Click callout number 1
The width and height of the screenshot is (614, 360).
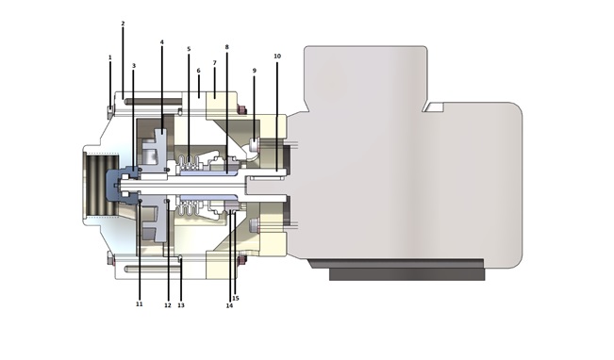point(110,57)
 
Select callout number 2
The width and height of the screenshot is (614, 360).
point(123,24)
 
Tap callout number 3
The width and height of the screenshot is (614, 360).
point(134,66)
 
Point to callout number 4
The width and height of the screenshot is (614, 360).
point(161,41)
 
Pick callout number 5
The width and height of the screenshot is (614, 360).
point(189,49)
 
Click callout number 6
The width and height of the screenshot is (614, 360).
point(198,71)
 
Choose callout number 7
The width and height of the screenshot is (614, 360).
point(215,62)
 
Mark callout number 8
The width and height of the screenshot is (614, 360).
point(226,47)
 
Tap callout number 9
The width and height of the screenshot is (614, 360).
point(254,71)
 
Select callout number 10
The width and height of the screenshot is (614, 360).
point(277,57)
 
